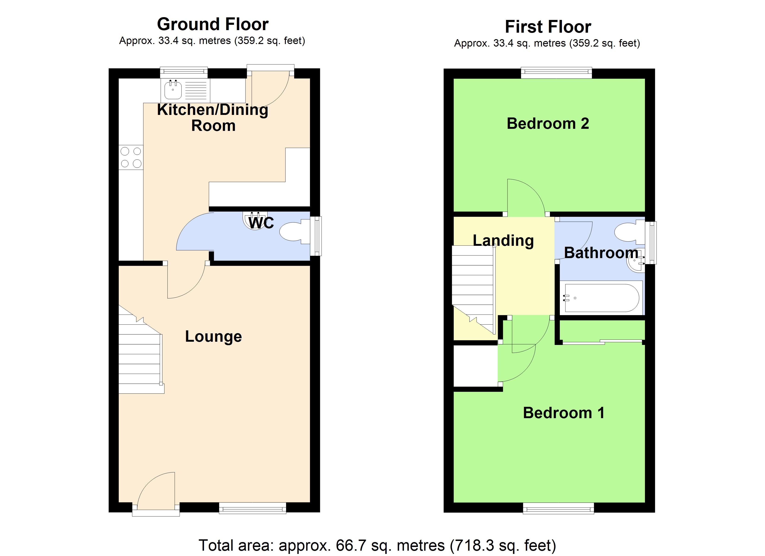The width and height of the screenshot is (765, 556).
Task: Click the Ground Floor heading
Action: (213, 24)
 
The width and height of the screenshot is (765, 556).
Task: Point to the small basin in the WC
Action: (255, 220)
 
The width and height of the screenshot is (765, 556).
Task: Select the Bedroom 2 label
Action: (548, 123)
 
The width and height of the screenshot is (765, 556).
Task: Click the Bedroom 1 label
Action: (563, 413)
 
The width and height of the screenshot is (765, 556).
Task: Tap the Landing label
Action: (503, 240)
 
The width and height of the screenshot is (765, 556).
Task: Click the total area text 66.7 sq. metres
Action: (377, 545)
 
